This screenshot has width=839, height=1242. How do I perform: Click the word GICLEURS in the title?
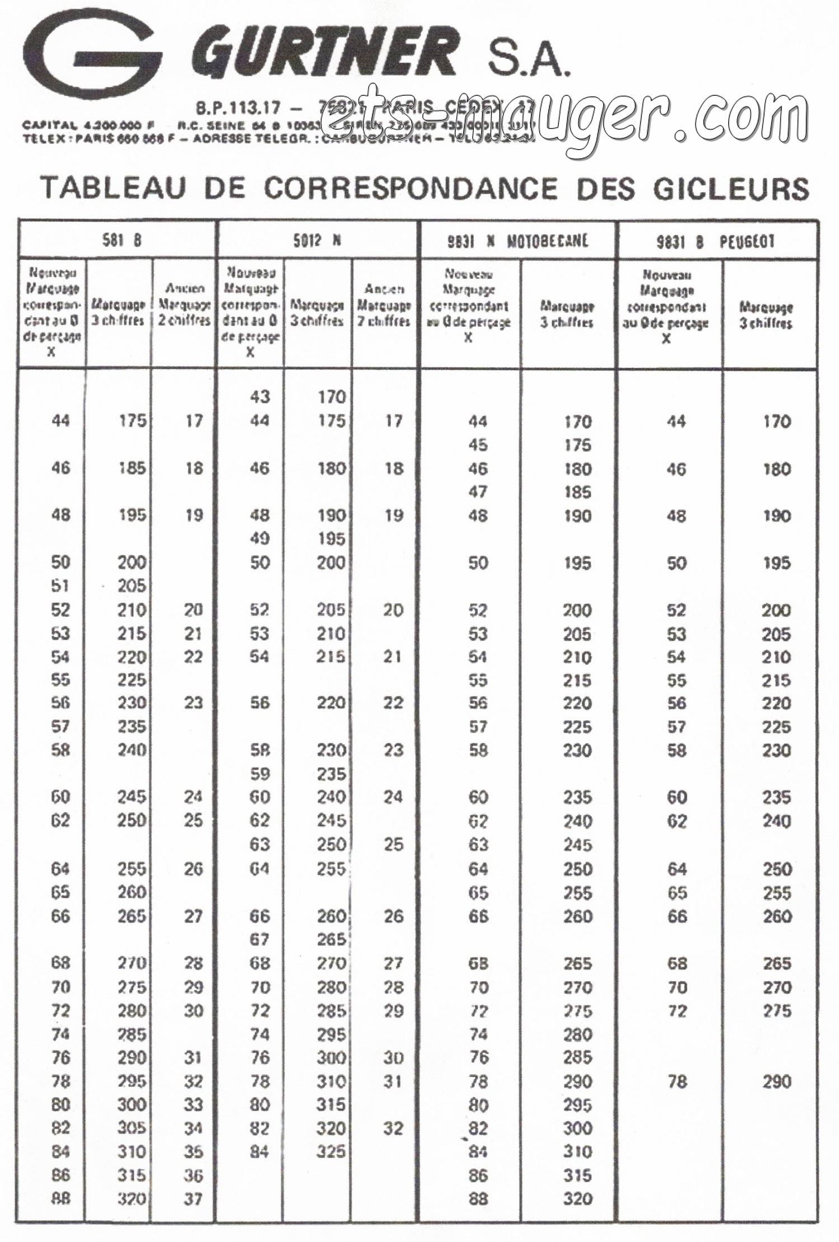click(730, 188)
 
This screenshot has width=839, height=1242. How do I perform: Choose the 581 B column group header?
click(121, 241)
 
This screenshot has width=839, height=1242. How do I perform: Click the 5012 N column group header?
click(317, 241)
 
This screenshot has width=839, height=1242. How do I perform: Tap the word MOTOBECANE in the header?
click(548, 241)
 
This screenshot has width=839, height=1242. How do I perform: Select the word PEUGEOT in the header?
click(747, 242)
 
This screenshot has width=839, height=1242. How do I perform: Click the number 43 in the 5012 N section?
click(260, 397)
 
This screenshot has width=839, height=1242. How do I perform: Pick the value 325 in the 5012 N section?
click(332, 1151)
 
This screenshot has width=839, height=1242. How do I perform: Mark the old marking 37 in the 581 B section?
click(194, 1199)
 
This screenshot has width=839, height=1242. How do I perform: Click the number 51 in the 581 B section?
click(60, 586)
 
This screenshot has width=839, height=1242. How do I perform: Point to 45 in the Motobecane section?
click(478, 445)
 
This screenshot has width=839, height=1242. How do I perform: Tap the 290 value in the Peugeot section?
click(776, 1081)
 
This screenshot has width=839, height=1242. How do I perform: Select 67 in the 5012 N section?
click(260, 939)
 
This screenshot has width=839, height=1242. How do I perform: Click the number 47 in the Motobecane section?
click(478, 492)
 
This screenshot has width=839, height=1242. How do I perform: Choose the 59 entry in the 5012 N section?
click(260, 774)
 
